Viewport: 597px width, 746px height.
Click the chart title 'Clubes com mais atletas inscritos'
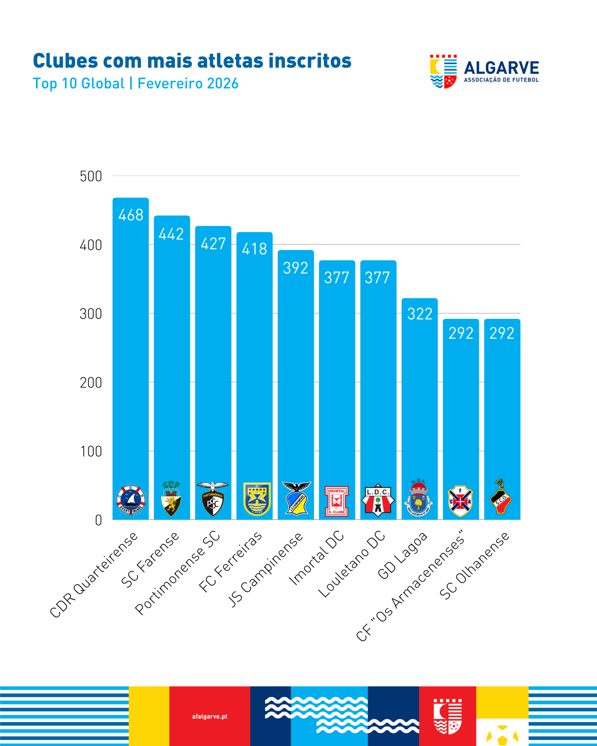coord(192,61)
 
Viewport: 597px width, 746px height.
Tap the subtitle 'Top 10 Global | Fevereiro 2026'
coord(135,83)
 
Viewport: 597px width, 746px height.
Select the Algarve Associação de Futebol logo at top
coord(484,71)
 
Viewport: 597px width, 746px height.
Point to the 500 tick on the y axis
coord(91,177)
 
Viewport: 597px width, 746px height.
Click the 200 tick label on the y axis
coord(91,383)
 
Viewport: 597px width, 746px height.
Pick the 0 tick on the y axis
coord(98,520)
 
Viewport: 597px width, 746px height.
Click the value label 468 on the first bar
coord(131,215)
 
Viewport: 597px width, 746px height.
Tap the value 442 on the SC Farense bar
coord(171,234)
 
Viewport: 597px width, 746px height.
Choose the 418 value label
coord(254,249)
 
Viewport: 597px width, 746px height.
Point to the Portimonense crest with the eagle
coord(213,499)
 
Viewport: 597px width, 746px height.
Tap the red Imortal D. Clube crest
coord(336,501)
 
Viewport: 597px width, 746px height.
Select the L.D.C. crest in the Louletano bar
coord(377,500)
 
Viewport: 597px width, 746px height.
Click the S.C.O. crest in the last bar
coord(501,497)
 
